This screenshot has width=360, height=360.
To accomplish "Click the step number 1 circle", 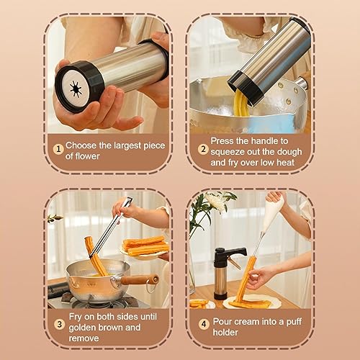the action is click(x=58, y=149).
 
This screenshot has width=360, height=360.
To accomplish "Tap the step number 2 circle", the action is click(x=203, y=149).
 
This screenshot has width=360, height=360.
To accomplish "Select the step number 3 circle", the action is click(x=59, y=324).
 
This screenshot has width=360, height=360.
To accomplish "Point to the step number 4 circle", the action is click(x=204, y=324).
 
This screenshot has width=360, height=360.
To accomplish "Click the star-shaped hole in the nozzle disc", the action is click(x=76, y=89).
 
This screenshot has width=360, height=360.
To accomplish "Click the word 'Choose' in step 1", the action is click(x=81, y=145).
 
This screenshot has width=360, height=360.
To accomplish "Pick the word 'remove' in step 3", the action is click(x=84, y=338).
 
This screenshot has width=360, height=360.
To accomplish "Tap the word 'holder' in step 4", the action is click(x=225, y=333).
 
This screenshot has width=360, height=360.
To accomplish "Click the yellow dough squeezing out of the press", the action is click(x=240, y=104).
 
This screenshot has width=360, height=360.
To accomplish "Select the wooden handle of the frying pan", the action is click(x=139, y=280).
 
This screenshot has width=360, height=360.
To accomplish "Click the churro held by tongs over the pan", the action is click(x=95, y=256).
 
